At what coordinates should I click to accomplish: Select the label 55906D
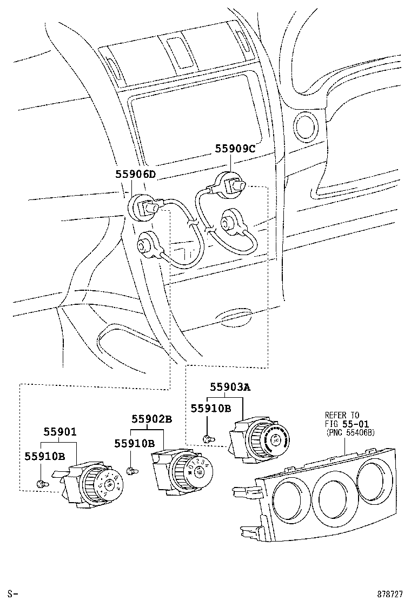click(x=135, y=174)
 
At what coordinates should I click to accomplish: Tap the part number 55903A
click(x=230, y=386)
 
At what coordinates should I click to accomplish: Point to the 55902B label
click(x=152, y=419)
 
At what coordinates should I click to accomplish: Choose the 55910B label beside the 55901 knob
click(x=44, y=457)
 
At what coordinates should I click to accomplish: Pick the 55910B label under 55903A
click(x=211, y=408)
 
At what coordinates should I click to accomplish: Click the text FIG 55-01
click(x=347, y=424)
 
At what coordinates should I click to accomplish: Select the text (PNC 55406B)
click(x=350, y=432)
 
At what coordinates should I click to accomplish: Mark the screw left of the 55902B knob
click(x=130, y=471)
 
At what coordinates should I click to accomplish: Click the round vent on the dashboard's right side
click(x=307, y=125)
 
